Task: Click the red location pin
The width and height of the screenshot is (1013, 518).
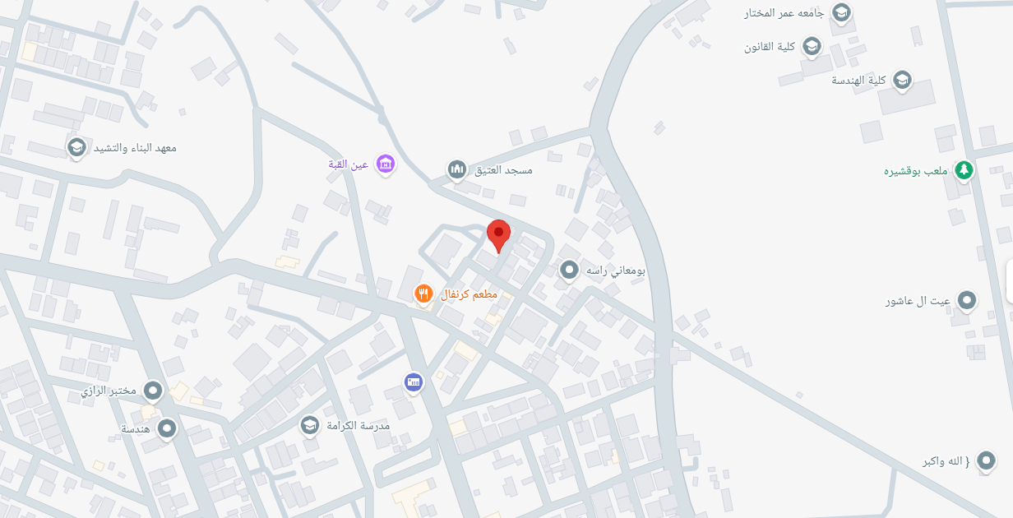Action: click(x=498, y=234)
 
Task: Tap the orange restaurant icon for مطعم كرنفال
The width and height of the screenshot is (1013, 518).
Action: click(x=423, y=294)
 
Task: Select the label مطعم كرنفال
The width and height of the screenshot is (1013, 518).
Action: click(x=469, y=294)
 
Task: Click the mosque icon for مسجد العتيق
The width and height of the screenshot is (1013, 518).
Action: click(x=457, y=169)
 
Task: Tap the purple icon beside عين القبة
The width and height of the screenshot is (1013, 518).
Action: click(x=386, y=164)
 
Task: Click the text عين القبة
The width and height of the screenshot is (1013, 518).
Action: click(x=348, y=164)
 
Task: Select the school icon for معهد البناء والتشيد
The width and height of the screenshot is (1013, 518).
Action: click(x=77, y=147)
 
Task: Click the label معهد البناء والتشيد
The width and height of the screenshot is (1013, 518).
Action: click(x=134, y=148)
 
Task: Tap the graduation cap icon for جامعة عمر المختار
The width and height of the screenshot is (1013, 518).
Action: click(x=841, y=12)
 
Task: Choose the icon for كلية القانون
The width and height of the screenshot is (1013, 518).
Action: click(x=812, y=46)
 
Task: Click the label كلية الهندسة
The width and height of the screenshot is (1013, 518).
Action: click(x=858, y=80)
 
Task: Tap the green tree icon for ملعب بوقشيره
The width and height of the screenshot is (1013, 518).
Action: click(x=964, y=170)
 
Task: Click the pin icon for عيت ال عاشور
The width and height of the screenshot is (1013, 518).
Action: click(x=968, y=300)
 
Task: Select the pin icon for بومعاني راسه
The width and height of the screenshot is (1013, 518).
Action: click(x=569, y=269)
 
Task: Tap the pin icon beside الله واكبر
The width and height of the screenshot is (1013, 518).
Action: click(x=986, y=460)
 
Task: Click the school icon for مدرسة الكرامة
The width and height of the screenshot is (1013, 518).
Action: click(x=309, y=424)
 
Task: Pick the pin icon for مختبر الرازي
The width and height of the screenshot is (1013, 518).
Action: click(x=153, y=391)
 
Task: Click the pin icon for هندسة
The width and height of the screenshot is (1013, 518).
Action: click(x=168, y=428)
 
